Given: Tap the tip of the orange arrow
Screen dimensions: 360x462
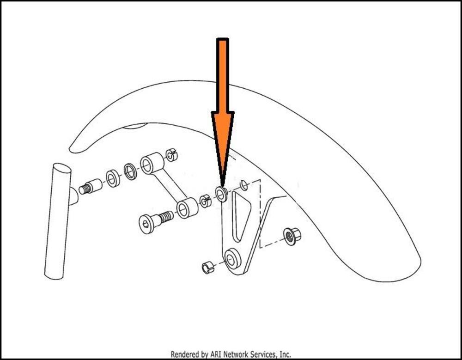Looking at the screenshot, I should pos(222,185).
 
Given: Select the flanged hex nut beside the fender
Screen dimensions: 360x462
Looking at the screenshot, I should pos(292,236).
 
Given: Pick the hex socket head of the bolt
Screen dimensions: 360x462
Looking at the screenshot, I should pos(146,224).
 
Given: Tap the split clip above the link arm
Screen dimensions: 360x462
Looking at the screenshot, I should pos(172,155).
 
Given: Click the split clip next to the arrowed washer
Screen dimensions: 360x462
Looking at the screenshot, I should pos(206,201).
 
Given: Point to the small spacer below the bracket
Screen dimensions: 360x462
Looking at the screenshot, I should pos(208,267).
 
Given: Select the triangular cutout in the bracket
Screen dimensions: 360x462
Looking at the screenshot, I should pos(241,215).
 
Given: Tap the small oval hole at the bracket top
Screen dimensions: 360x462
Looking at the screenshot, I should pos(244,185).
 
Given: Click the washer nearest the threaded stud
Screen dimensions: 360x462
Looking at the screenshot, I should pos(113,178).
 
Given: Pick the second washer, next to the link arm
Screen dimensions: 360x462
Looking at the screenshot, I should pos(130,171).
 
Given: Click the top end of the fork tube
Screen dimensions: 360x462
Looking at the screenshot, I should pos(61,168).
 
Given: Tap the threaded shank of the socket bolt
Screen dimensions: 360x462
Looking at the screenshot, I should pos(166,216).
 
